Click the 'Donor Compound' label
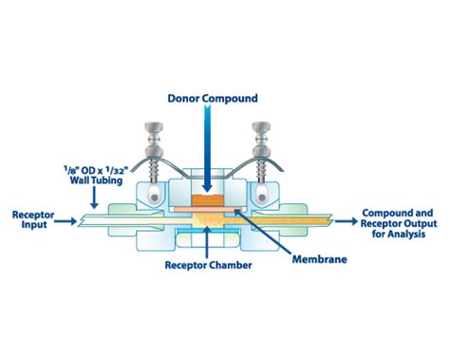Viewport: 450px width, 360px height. (225, 97)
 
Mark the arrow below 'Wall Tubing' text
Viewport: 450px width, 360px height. (94, 197)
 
